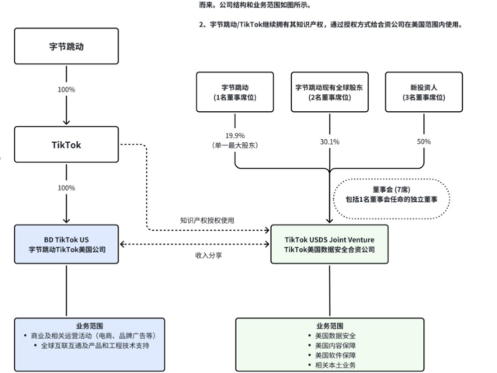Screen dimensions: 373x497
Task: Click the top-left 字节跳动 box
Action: (x=67, y=46)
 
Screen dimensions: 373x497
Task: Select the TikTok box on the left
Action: (x=67, y=144)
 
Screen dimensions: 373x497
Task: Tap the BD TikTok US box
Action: (x=67, y=244)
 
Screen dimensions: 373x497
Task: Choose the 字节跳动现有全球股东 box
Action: (x=329, y=93)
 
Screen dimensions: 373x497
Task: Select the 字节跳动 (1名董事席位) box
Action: (x=235, y=93)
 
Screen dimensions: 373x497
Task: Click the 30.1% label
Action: (x=329, y=141)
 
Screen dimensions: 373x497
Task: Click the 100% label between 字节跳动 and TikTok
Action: (x=66, y=90)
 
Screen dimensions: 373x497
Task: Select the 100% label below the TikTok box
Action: (x=66, y=188)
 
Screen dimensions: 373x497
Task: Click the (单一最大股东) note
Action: (x=235, y=145)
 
